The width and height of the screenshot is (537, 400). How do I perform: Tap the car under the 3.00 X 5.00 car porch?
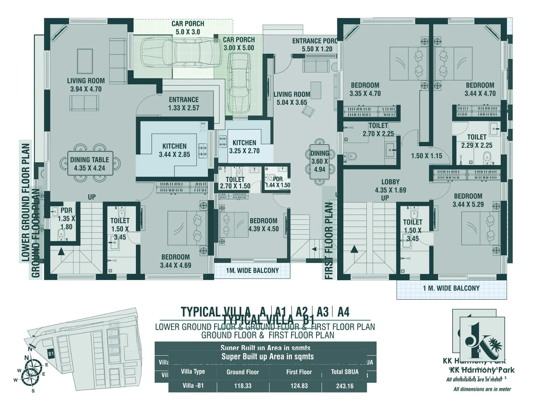coord(239,83)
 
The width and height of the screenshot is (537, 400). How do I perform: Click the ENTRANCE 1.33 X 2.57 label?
coord(184,104)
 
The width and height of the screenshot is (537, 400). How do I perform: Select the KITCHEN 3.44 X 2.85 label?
coord(174,150)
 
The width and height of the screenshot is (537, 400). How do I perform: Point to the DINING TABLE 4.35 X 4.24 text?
coord(89,164)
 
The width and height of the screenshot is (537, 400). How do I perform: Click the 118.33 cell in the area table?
coord(242,386)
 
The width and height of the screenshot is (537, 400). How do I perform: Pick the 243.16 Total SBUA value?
coord(345,386)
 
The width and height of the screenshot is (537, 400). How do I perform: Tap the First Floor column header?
coord(299,372)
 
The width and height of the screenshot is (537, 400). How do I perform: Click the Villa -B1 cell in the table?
coord(193,386)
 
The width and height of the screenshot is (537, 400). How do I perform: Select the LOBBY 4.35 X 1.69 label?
coord(390,186)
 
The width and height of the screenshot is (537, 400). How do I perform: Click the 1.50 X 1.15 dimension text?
coord(426,156)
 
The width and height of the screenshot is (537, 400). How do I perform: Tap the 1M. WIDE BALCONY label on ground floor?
coord(252,271)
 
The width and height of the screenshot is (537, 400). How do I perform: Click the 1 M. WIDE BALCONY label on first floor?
coord(451,288)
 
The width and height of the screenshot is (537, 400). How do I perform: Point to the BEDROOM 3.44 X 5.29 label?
coord(468,200)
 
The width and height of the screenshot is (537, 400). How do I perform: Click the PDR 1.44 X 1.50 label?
coord(278,182)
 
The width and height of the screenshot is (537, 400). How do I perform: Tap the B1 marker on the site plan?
coord(51,354)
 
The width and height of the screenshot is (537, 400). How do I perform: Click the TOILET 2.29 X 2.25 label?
coord(477,141)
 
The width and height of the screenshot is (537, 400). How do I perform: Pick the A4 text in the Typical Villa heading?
coord(343,312)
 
